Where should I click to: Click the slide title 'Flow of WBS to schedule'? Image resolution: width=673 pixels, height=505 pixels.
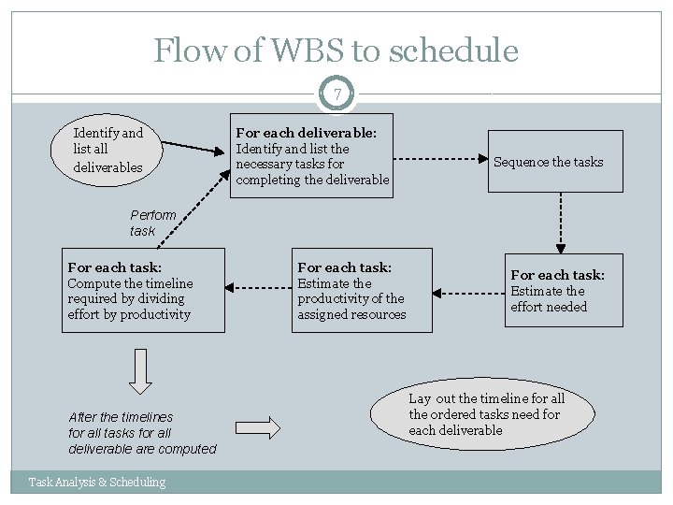coord(336,50)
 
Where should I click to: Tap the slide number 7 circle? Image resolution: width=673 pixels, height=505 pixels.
coord(336,94)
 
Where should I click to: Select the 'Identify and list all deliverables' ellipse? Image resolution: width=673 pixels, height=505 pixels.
coord(109,151)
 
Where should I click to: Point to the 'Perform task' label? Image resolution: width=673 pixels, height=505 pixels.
coord(151,222)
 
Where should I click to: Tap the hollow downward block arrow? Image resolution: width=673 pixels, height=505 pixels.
coord(140,372)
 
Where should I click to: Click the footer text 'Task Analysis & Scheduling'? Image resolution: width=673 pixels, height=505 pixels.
coord(97,482)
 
